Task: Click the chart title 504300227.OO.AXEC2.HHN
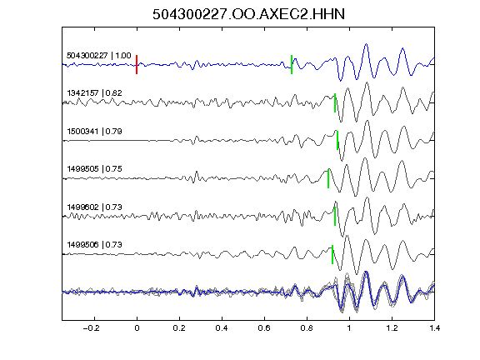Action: click(x=248, y=14)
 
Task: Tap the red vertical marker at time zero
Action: click(x=137, y=64)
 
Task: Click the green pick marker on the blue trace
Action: click(x=292, y=64)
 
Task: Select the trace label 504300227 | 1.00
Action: click(x=99, y=55)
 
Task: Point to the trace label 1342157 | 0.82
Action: click(x=94, y=92)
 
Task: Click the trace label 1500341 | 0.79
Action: click(x=94, y=132)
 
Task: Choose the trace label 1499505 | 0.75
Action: click(x=94, y=169)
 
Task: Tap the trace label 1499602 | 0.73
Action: click(x=94, y=207)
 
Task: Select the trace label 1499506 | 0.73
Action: click(x=94, y=245)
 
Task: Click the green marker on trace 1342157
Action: click(x=335, y=102)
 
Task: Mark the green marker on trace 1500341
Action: click(x=337, y=140)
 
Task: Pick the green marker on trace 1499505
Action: click(x=328, y=178)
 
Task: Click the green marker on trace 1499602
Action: click(x=335, y=216)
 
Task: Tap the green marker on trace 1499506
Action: click(x=332, y=254)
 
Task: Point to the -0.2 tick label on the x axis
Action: click(x=91, y=328)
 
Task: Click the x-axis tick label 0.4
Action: click(x=222, y=328)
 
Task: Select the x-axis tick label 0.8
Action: click(x=307, y=328)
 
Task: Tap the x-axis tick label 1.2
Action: click(x=392, y=328)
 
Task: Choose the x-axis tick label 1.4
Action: click(x=434, y=328)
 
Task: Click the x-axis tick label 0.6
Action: click(x=264, y=328)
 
